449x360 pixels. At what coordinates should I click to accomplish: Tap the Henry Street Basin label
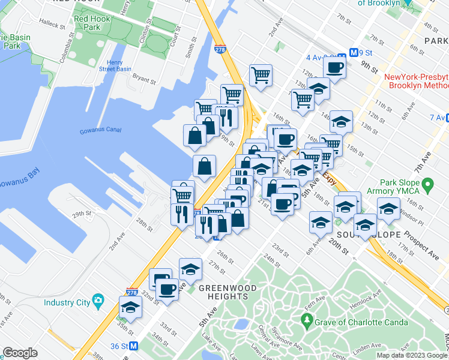(119, 65)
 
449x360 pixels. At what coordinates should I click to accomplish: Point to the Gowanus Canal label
(98, 131)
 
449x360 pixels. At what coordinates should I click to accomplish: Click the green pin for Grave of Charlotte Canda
(308, 323)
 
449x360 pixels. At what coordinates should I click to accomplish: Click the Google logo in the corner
(20, 353)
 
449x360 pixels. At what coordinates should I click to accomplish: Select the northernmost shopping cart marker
(261, 76)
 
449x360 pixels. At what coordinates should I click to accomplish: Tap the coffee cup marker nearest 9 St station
(335, 67)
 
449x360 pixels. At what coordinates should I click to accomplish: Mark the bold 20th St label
(337, 248)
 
